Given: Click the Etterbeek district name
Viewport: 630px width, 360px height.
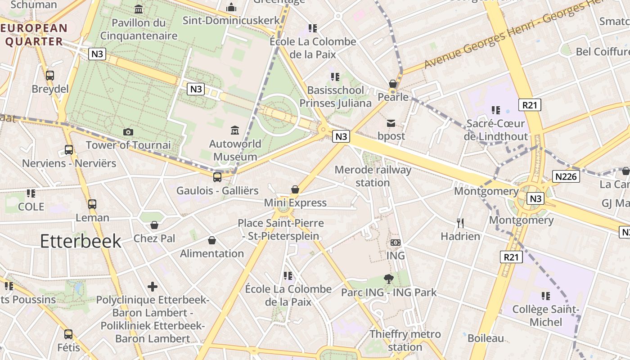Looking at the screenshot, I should [x=81, y=241].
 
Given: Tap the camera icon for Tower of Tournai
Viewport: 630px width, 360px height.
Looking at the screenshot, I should [x=128, y=132].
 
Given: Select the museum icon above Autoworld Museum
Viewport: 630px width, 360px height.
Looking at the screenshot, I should [x=235, y=130].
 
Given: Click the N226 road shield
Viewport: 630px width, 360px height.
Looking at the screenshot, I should [x=566, y=176].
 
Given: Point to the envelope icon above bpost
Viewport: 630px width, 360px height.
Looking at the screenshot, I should [x=391, y=123].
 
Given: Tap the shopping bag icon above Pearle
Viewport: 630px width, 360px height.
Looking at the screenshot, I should [x=393, y=84].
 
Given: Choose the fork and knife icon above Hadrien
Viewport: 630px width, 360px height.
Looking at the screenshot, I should [x=460, y=223].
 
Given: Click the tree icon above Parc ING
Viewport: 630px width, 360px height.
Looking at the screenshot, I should [x=389, y=279].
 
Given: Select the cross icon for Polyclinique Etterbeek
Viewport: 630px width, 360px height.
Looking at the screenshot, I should [x=153, y=286].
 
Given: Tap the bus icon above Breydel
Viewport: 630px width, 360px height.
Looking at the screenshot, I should [x=50, y=76].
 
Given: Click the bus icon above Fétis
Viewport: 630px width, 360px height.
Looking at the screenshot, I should [x=68, y=334].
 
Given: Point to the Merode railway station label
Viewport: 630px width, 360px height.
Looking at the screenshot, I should [x=373, y=176].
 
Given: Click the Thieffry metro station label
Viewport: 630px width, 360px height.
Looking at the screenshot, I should [x=405, y=341].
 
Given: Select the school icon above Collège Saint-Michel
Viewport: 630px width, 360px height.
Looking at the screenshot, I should [x=546, y=296].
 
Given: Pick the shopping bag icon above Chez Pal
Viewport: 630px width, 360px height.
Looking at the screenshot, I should [x=154, y=225].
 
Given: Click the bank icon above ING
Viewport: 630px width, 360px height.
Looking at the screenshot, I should [x=396, y=243].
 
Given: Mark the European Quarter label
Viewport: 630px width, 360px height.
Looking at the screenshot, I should [x=34, y=35].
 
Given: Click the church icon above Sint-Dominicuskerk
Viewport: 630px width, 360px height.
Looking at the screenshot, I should [x=231, y=7].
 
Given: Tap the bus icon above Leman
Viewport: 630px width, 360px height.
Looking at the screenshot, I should [x=92, y=204].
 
